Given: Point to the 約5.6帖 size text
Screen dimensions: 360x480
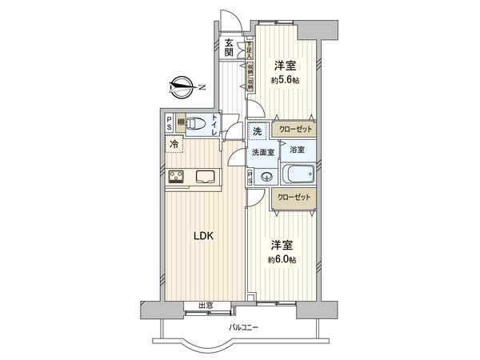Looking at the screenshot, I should click(284, 80).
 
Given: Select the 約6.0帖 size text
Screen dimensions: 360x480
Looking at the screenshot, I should click(282, 259).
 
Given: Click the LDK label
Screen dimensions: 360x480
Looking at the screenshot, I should click(202, 235).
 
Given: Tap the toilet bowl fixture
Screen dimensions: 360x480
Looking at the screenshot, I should click(214, 124).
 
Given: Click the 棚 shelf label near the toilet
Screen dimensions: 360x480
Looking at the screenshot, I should click(182, 122).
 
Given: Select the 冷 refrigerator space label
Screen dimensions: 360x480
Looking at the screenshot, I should click(174, 145).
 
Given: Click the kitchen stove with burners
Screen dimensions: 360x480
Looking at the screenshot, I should click(176, 178).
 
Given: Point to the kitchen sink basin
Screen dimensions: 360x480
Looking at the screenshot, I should click(206, 178).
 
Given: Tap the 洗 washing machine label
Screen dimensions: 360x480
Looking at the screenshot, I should click(258, 131).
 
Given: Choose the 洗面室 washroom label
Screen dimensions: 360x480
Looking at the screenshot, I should click(262, 152).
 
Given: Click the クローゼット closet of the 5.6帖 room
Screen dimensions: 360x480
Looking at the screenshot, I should click(294, 129).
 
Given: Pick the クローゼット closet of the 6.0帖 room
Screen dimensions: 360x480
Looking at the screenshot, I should click(294, 197).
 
